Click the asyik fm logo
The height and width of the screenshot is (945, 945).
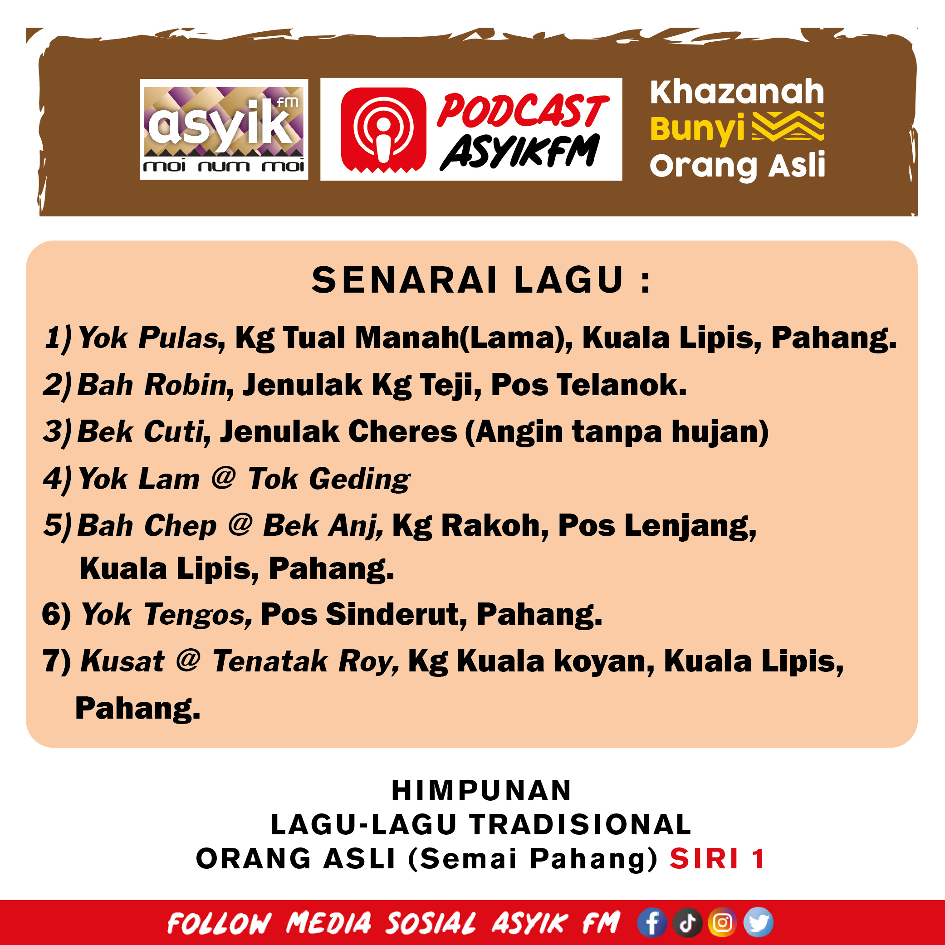point(224,129)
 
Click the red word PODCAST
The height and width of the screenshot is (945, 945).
point(522,111)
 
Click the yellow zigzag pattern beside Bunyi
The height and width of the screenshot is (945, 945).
point(788,126)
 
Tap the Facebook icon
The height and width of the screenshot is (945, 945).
point(651,922)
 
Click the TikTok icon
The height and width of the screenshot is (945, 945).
point(687,922)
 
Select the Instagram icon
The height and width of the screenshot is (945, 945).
point(722,922)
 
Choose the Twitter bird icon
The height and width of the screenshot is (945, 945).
point(758,922)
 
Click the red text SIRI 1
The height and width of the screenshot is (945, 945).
point(717,858)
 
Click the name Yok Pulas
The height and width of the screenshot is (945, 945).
point(148,338)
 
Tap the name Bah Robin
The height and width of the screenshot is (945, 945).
point(152,384)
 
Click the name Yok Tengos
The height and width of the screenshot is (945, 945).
point(166,614)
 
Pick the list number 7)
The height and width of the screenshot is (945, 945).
point(57,661)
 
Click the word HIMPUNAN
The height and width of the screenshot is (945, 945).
point(481,790)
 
